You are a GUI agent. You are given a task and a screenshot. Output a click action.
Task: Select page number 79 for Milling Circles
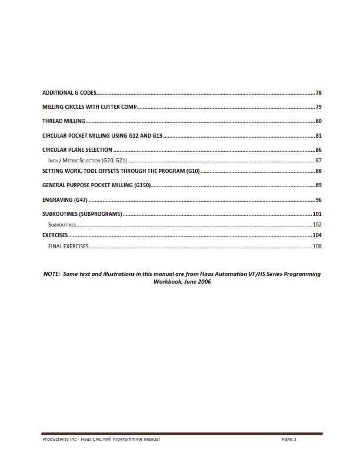click(318, 107)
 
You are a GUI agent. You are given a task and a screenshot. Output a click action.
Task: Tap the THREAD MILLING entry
click(64, 121)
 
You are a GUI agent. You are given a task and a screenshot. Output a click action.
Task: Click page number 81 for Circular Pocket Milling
click(318, 136)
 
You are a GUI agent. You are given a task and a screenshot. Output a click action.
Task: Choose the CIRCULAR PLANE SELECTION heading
click(77, 150)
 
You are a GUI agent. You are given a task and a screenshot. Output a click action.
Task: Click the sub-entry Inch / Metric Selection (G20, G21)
click(88, 160)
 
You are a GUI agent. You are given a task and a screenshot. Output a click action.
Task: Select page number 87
click(318, 160)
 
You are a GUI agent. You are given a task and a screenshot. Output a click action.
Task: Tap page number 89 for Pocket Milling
click(318, 186)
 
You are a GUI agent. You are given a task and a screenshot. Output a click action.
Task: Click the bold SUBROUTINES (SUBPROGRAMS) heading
click(82, 214)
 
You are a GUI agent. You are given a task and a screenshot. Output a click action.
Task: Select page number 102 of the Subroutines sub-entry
click(316, 225)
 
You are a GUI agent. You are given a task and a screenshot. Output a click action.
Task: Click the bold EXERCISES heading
click(55, 235)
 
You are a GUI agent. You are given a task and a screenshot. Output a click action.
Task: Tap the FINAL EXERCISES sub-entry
click(68, 246)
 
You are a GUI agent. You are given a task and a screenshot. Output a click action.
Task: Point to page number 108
click(316, 246)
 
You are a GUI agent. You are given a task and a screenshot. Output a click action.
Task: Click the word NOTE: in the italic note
click(54, 274)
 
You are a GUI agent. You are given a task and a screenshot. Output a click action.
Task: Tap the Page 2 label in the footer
click(289, 439)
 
